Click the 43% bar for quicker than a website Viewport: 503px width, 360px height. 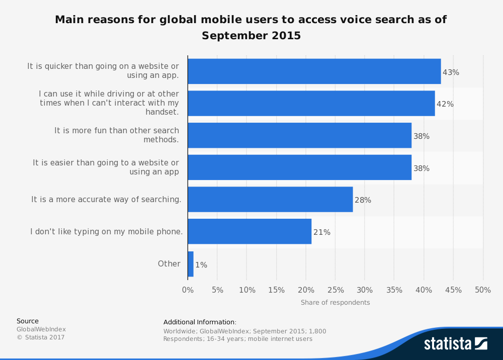coord(314,71)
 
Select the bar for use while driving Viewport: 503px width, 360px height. coord(311,104)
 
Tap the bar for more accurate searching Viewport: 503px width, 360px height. coord(270,200)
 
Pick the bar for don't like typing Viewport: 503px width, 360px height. coord(249,232)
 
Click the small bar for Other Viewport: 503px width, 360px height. coord(191,264)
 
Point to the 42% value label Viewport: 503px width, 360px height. coord(445,104)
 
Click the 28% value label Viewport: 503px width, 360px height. coord(363,200)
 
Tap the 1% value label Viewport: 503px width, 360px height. coord(201,264)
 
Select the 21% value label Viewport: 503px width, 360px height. coord(322,232)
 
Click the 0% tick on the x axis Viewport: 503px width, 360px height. coord(188,290)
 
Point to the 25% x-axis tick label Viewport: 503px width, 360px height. coord(336,290)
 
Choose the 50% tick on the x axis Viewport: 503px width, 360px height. coord(483,290)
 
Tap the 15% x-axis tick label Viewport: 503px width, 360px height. coord(276,290)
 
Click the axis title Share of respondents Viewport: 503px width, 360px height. coord(335,303)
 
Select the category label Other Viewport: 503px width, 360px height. coord(169,264)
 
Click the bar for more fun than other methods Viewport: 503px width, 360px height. coord(299,136)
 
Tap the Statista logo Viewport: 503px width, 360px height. coord(455,344)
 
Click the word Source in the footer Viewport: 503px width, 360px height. coord(28,321)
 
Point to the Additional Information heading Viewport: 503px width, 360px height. coord(200,322)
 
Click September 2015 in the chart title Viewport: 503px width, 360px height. coord(251,36)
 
